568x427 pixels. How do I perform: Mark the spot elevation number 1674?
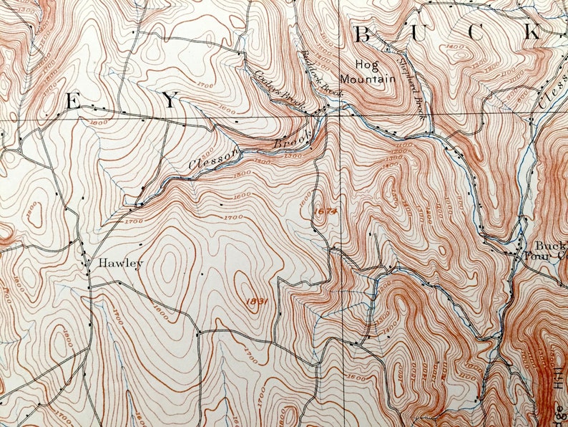tap(324, 211)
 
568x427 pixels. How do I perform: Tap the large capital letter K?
tap(532, 32)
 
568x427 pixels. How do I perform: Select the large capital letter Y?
tap(170, 102)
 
